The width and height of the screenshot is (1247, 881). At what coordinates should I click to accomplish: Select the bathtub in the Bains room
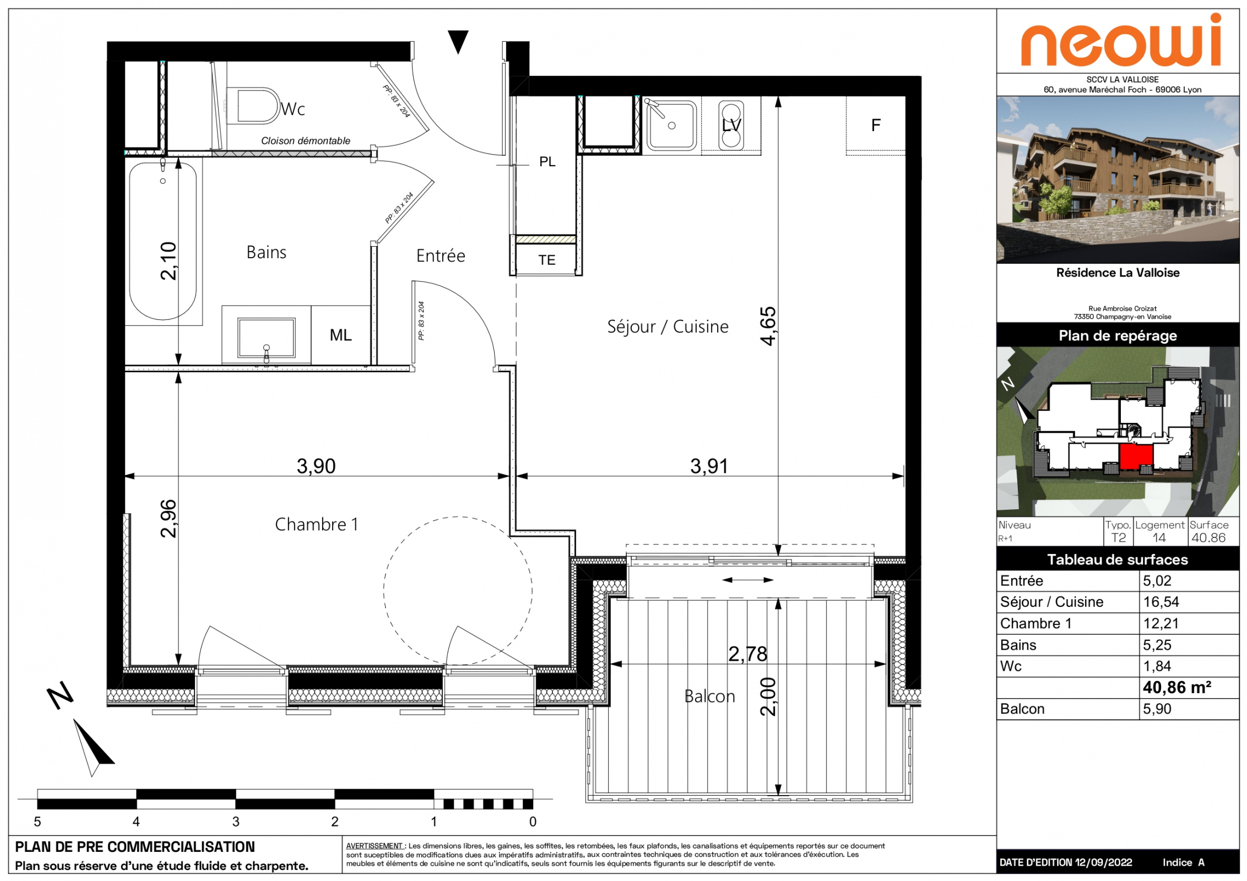coord(163,241)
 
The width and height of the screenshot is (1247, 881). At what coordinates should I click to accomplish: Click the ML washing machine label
coord(340,335)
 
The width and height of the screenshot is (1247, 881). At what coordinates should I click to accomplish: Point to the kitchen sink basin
coord(671,126)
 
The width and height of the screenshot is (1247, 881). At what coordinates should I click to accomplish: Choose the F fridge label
coord(876,126)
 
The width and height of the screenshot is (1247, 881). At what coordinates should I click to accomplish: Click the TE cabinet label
coord(546,260)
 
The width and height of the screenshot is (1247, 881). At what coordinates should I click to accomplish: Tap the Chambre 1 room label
coord(317,524)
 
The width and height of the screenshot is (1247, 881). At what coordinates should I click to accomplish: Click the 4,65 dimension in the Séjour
coord(768,326)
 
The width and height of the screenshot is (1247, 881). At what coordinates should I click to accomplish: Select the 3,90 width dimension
coord(316,466)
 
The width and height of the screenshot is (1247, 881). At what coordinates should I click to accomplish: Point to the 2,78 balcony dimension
coord(747,654)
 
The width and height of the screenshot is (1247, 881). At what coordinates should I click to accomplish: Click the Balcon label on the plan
coord(709,697)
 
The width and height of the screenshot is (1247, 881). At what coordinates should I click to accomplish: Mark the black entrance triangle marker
coord(458,41)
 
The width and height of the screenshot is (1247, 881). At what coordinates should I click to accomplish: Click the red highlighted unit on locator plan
coord(1136,457)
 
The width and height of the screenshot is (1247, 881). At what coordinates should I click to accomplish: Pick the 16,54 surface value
coord(1161,602)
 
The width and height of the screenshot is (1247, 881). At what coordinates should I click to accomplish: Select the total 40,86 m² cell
coord(1177,687)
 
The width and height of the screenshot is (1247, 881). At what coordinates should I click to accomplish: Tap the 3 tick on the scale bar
coord(236,822)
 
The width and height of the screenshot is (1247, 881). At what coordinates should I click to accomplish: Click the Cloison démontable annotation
coord(306,141)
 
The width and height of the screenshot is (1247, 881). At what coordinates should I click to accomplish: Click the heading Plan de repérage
coord(1118,335)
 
